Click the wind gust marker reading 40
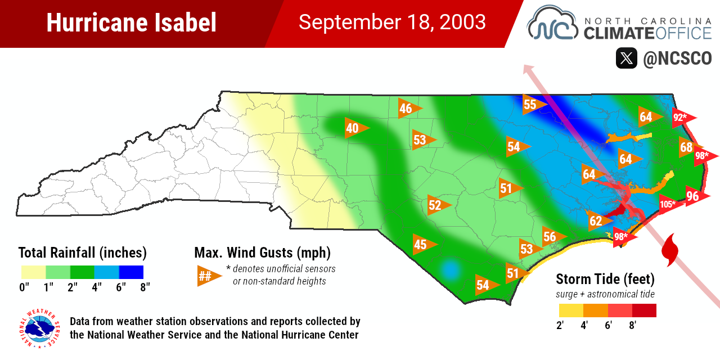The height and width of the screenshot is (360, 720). click(354, 128)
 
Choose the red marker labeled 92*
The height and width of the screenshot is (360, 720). click(682, 118)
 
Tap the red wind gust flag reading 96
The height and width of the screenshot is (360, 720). click(695, 196)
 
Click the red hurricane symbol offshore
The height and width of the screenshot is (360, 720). click(669, 251)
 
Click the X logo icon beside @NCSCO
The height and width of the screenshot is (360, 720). click(626, 58)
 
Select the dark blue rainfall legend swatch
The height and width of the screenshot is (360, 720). click(131, 272)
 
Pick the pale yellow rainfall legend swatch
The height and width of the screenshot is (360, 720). click(33, 272)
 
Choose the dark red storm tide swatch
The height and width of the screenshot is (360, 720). click(644, 310)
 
